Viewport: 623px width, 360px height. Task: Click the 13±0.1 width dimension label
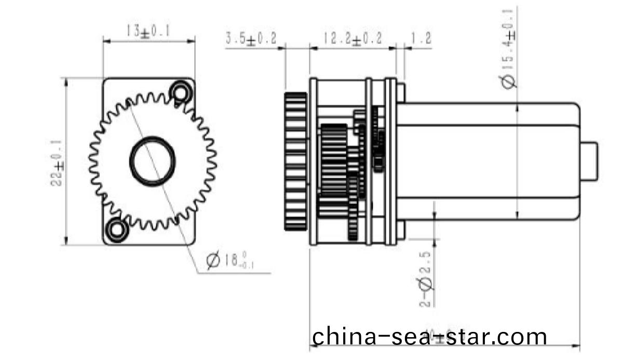pos(148,31)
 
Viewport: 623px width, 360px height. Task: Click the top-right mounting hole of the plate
pos(181,92)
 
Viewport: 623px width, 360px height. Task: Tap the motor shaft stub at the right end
pos(589,161)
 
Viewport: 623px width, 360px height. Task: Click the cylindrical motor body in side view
pos(488,161)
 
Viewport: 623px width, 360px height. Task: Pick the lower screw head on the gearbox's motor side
pos(400,230)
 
